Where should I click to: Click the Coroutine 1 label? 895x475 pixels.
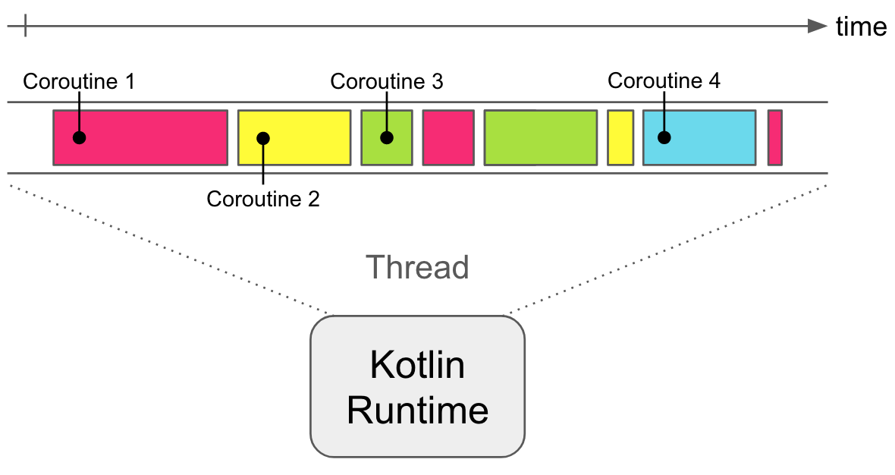pyautogui.click(x=79, y=82)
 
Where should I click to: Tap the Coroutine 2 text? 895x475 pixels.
pyautogui.click(x=262, y=200)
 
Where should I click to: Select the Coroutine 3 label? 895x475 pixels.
pyautogui.click(x=386, y=82)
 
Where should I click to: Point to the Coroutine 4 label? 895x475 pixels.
pyautogui.click(x=664, y=82)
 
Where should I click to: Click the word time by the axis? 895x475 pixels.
pyautogui.click(x=861, y=27)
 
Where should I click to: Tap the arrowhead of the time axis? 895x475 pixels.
pyautogui.click(x=818, y=27)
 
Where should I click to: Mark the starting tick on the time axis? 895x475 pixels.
pyautogui.click(x=26, y=27)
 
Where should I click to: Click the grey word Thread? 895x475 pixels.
pyautogui.click(x=417, y=268)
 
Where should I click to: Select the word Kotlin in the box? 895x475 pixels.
pyautogui.click(x=417, y=366)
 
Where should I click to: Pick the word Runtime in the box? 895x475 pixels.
pyautogui.click(x=417, y=411)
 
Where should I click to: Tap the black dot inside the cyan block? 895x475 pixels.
pyautogui.click(x=664, y=137)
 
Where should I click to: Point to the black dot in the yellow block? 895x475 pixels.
pyautogui.click(x=263, y=137)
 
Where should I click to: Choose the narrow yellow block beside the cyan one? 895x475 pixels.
pyautogui.click(x=620, y=137)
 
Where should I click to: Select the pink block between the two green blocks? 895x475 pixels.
pyautogui.click(x=448, y=137)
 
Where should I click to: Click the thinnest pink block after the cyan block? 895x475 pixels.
pyautogui.click(x=774, y=137)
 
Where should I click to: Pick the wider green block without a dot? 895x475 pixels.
pyautogui.click(x=540, y=137)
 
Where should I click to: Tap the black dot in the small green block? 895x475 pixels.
pyautogui.click(x=387, y=137)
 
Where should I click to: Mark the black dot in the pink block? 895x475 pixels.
pyautogui.click(x=79, y=137)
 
